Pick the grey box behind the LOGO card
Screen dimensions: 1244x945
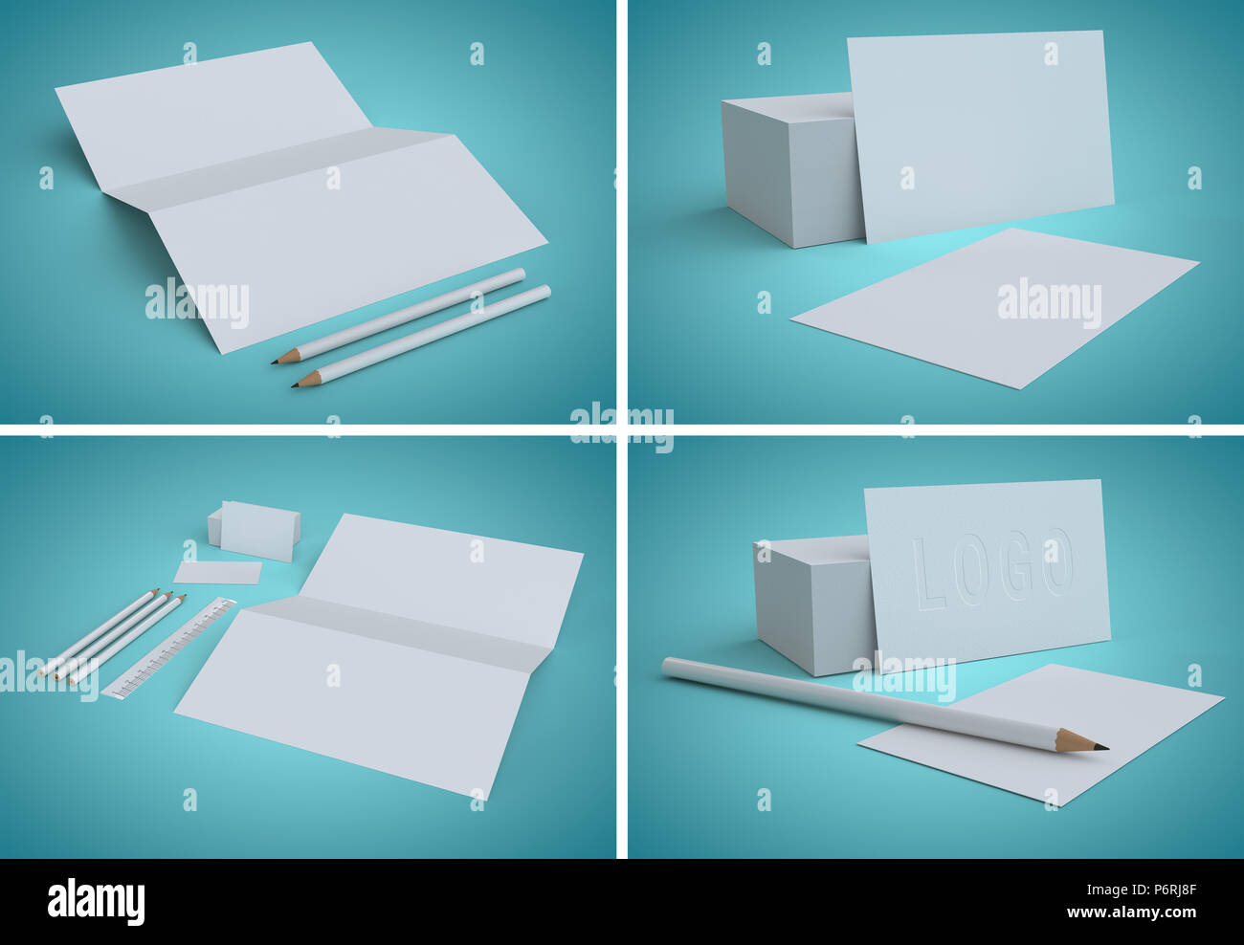pos(813,604)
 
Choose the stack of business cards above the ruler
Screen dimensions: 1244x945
pos(254,530)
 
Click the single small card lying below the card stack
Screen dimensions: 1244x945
pos(217,572)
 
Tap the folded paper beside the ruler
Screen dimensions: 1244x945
pos(379,656)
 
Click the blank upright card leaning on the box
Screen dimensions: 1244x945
pos(981,136)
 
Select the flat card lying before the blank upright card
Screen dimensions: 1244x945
pos(994,308)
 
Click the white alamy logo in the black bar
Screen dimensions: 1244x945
pos(96,901)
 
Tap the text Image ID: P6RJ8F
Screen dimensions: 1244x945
pos(1141,890)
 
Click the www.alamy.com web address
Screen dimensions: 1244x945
pos(1131,912)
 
